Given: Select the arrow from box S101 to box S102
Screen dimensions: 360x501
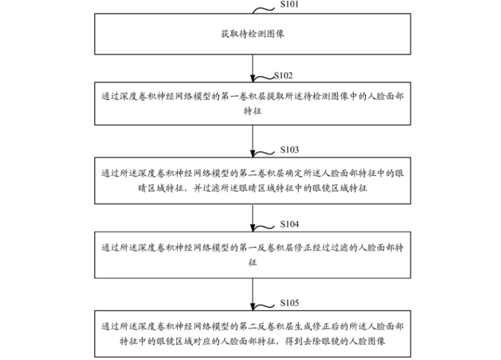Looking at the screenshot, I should (x=256, y=67).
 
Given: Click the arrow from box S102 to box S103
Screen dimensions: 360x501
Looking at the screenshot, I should (x=256, y=142).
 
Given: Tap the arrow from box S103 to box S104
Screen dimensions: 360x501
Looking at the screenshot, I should (x=256, y=216).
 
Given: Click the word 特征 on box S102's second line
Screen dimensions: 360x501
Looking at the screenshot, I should (x=256, y=110).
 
